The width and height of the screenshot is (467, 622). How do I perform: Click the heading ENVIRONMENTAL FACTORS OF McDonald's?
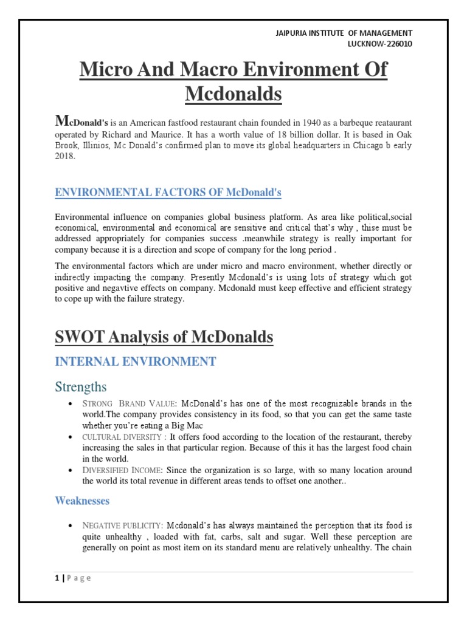(x=168, y=193)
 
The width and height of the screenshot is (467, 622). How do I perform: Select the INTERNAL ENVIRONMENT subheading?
(x=135, y=362)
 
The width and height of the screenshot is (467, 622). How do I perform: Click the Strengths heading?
(x=81, y=387)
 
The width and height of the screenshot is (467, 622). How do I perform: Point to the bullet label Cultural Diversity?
(x=123, y=437)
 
